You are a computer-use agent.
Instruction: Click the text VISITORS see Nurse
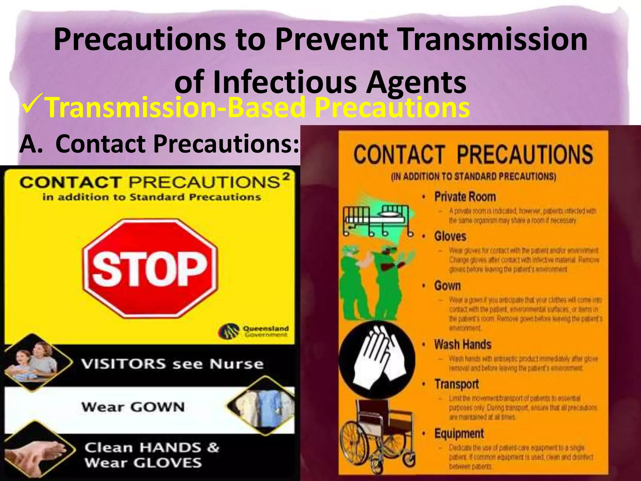pyautogui.click(x=172, y=364)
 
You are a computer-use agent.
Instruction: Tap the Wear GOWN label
pyautogui.click(x=133, y=407)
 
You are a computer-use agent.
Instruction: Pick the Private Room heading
pyautogui.click(x=465, y=197)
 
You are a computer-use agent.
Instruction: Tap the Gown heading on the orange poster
pyautogui.click(x=447, y=286)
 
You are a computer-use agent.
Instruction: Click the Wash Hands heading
pyautogui.click(x=463, y=344)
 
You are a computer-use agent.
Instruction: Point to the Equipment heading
pyautogui.click(x=459, y=433)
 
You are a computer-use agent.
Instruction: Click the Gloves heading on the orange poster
pyautogui.click(x=450, y=236)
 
